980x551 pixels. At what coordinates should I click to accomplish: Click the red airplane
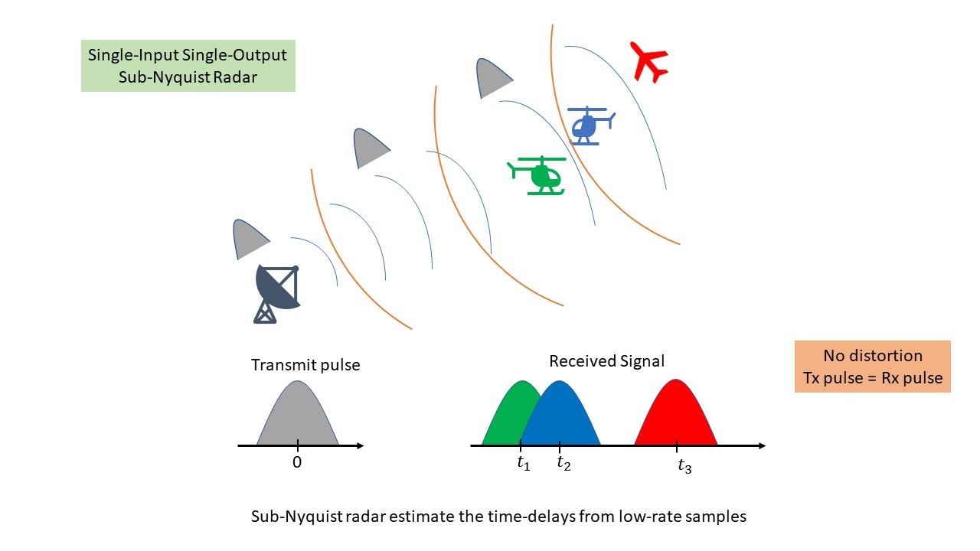pos(648,61)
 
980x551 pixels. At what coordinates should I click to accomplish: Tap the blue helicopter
pos(588,125)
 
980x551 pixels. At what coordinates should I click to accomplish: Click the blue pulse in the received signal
pos(561,417)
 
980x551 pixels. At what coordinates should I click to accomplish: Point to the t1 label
pos(524,463)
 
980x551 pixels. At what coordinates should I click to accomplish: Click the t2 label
pos(563,463)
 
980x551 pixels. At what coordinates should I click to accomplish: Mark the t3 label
pos(684,466)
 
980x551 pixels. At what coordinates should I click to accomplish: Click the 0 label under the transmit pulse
pos(297,462)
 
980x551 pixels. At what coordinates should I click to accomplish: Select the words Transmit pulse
pos(305,365)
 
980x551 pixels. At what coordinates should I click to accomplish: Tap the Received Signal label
pos(606,361)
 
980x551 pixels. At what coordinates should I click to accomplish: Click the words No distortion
pos(872,356)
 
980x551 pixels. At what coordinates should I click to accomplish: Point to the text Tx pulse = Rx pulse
pos(872,378)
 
